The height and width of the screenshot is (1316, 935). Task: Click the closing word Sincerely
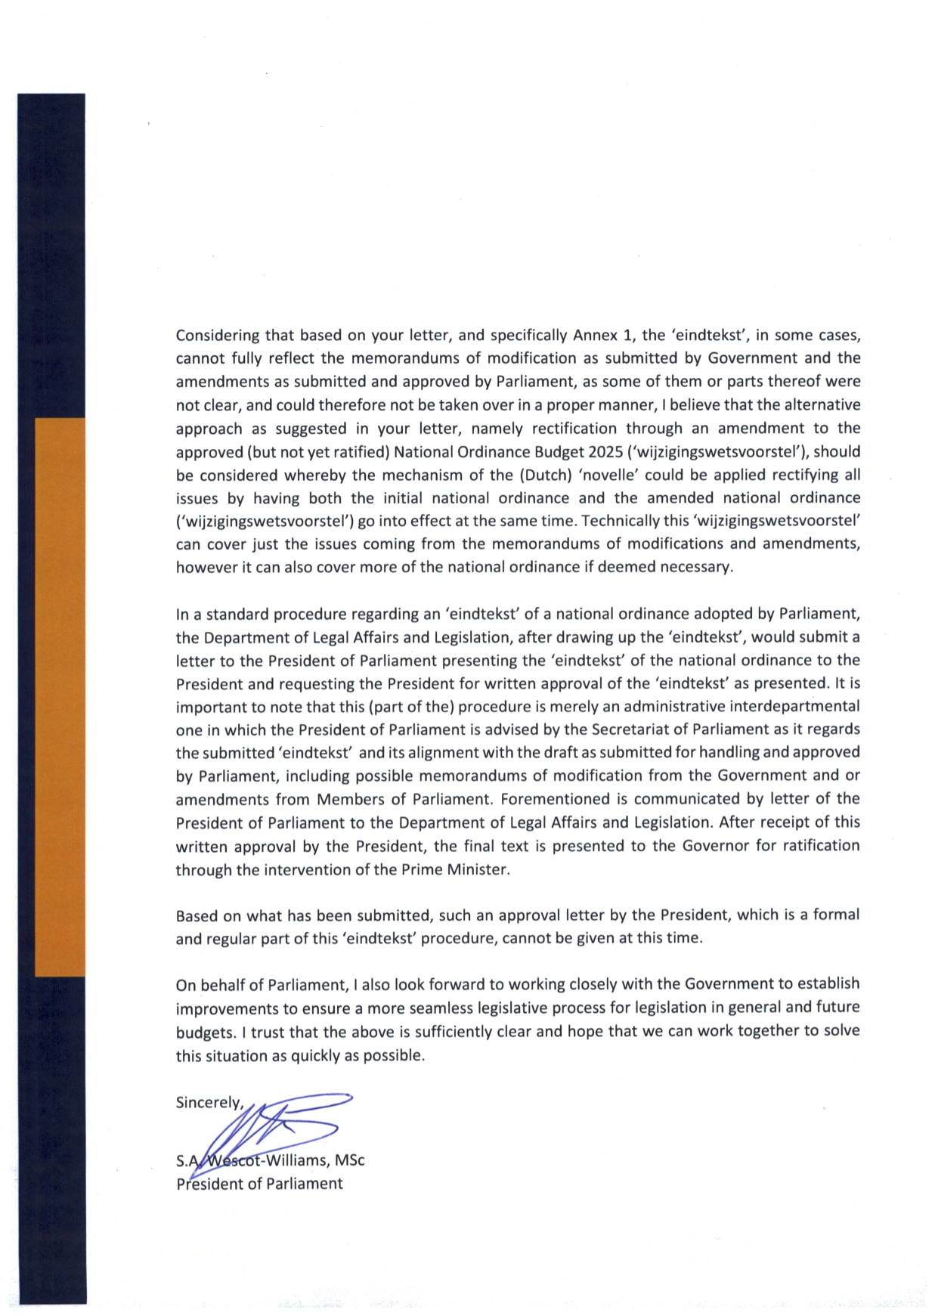(209, 1102)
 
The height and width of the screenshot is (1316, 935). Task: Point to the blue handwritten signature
(272, 1130)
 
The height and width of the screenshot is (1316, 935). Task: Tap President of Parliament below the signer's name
(259, 1184)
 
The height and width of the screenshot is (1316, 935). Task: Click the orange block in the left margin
(60, 695)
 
